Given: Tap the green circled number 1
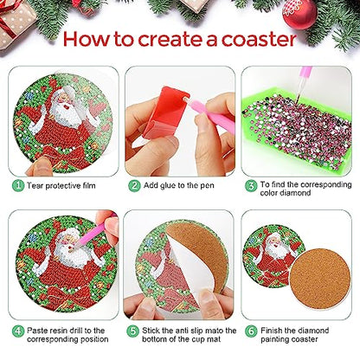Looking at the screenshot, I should pyautogui.click(x=17, y=184).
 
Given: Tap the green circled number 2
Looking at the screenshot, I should pyautogui.click(x=134, y=184).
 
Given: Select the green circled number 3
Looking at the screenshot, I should pyautogui.click(x=251, y=184).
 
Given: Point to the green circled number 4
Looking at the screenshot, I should pyautogui.click(x=17, y=331).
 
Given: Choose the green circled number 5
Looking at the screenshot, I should pyautogui.click(x=134, y=331).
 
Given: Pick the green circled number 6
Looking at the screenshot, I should pyautogui.click(x=251, y=331).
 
